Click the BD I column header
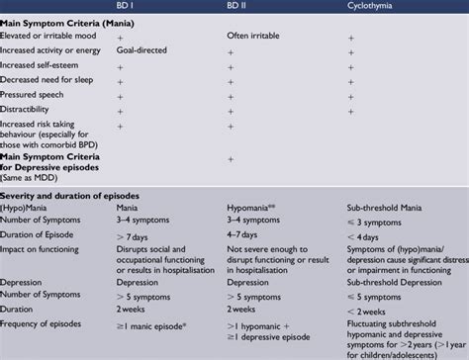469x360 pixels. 128,7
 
